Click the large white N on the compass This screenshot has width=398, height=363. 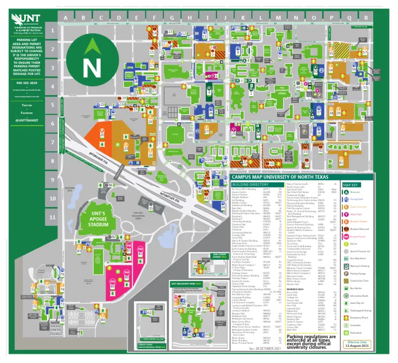(91, 66)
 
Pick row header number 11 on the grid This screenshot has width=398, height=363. (53, 217)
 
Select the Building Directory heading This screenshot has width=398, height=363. (249, 186)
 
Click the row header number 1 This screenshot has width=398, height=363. (53, 31)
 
